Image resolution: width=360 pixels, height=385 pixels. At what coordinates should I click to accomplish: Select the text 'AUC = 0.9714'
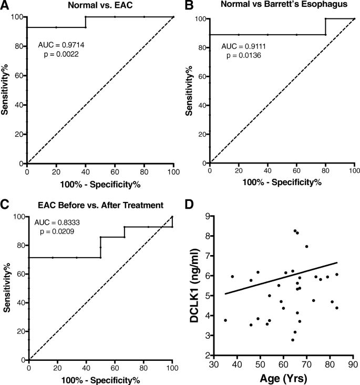pos(60,45)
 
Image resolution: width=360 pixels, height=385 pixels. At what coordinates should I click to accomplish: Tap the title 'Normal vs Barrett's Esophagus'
pos(282,7)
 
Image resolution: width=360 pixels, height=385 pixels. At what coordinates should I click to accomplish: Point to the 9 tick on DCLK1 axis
pos(209,216)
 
